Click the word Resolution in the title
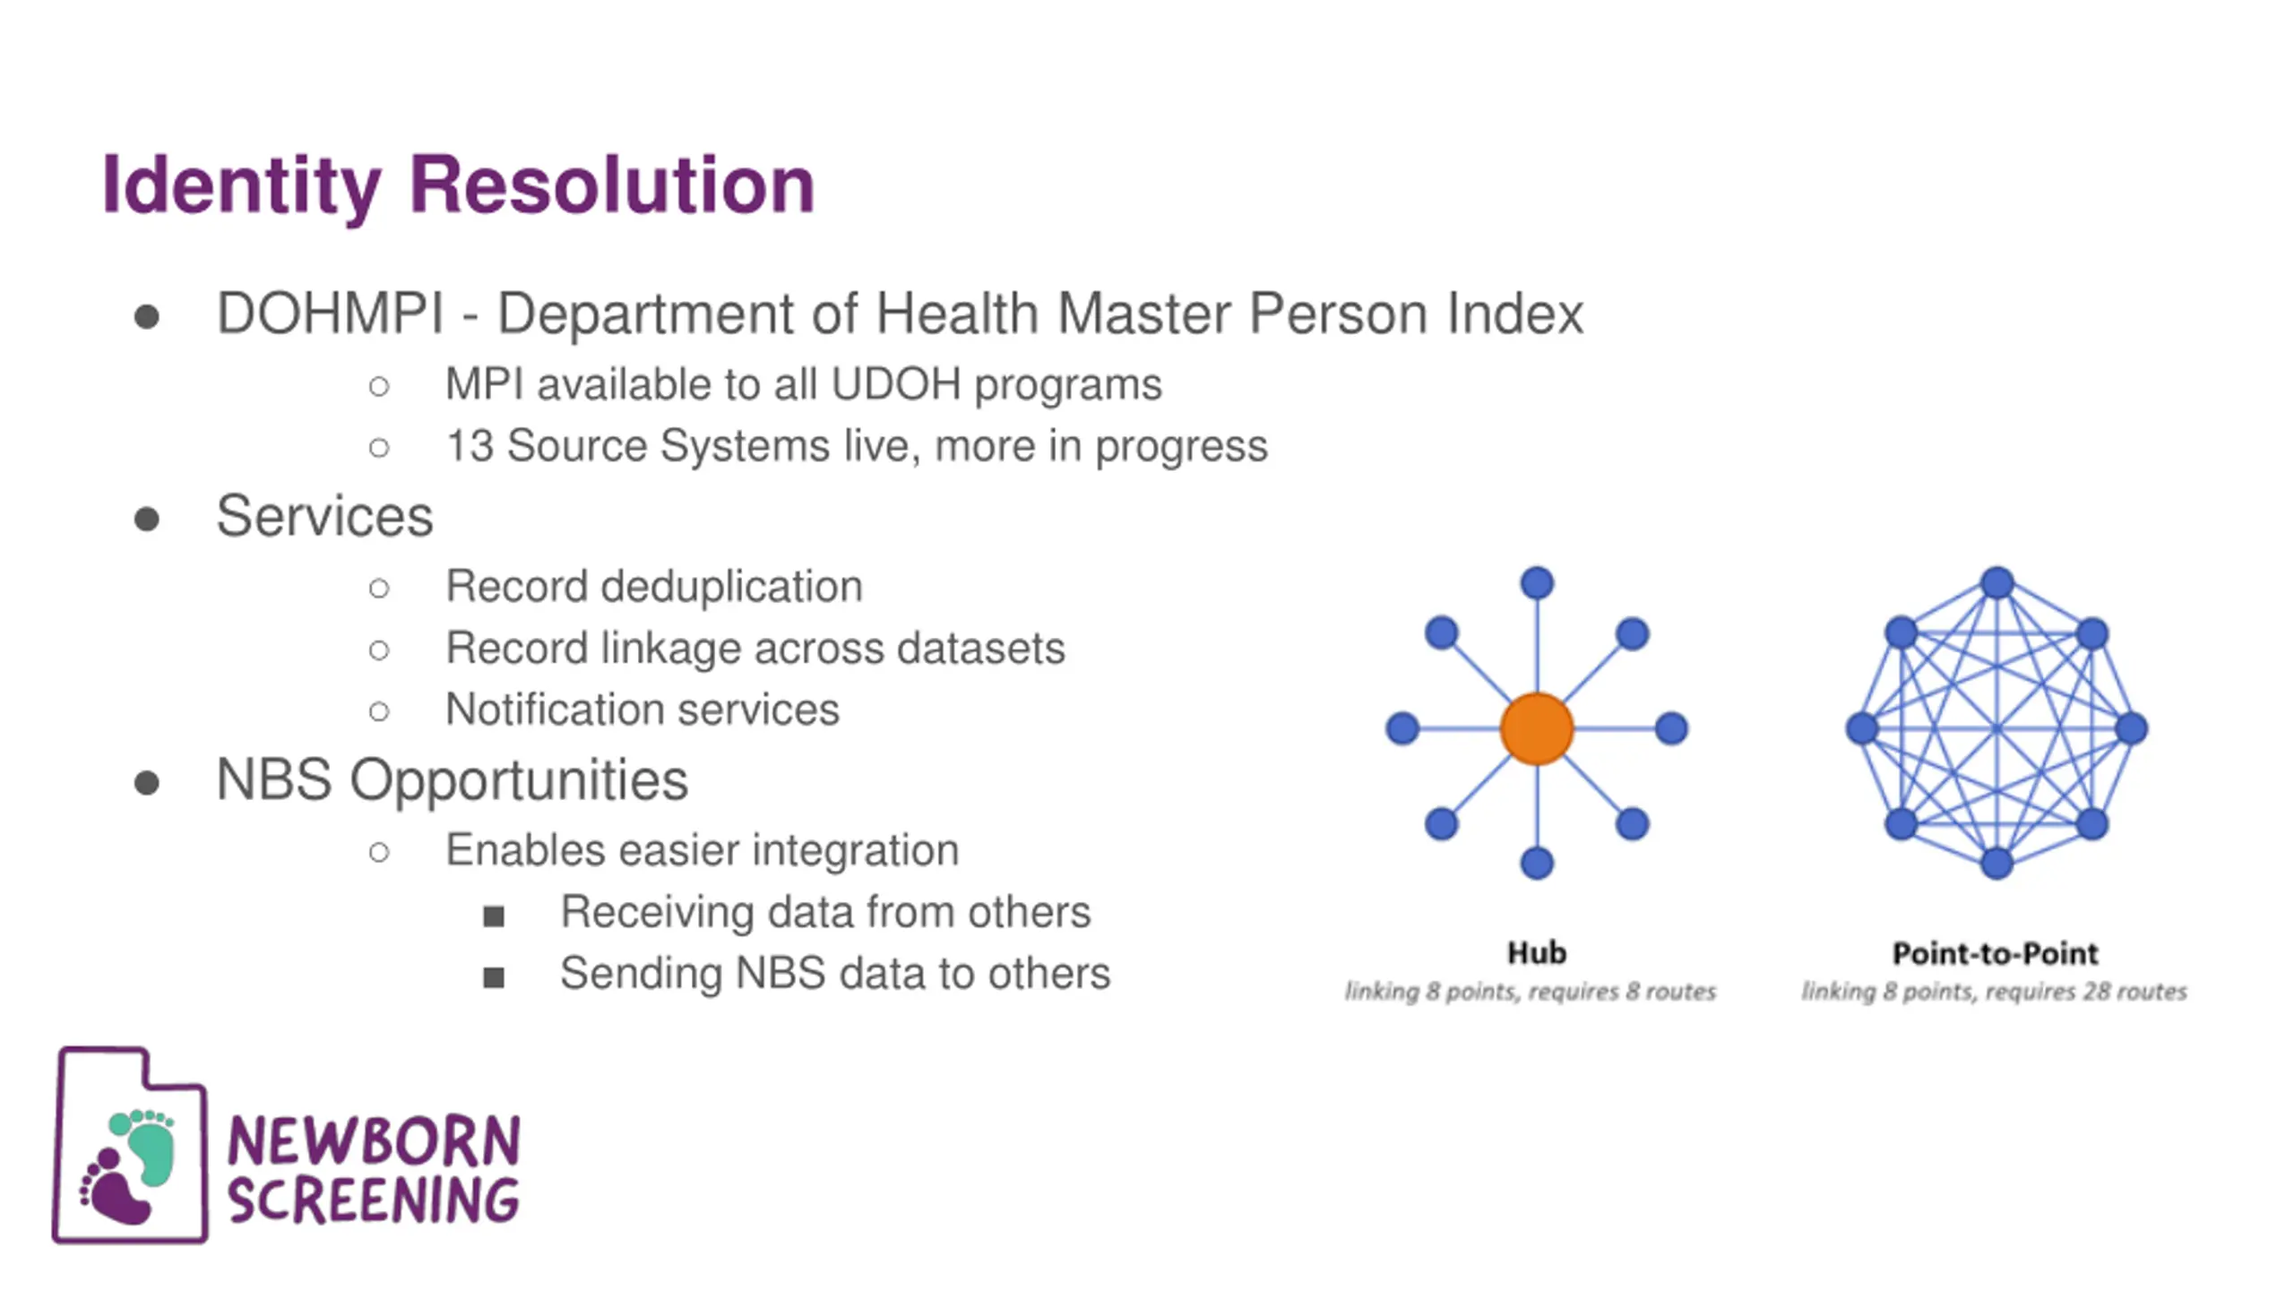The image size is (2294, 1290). point(612,185)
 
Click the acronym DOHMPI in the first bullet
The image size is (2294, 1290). point(330,314)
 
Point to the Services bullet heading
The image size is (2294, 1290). point(324,517)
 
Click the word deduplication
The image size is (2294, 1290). point(731,587)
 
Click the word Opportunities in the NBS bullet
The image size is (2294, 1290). point(519,780)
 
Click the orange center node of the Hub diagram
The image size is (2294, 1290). point(1537,728)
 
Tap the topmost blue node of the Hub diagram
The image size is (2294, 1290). point(1537,583)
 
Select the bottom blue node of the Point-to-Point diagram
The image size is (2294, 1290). point(1996,864)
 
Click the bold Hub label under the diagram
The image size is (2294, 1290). point(1537,952)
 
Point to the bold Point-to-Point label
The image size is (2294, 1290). point(1995,953)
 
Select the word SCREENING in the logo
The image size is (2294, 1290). point(374,1200)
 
